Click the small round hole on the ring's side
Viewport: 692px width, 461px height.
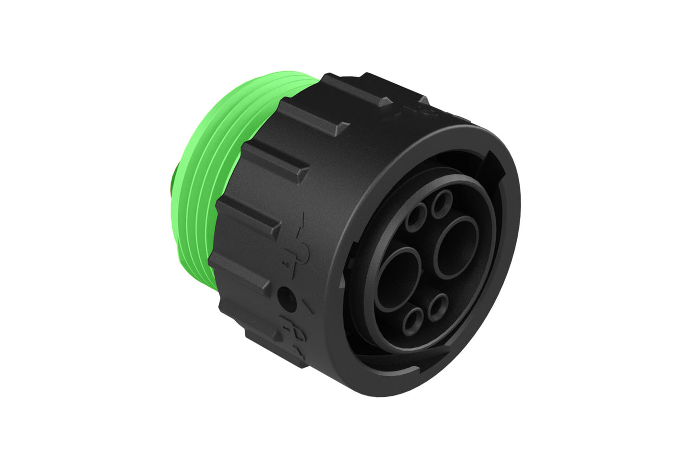pos(286,294)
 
